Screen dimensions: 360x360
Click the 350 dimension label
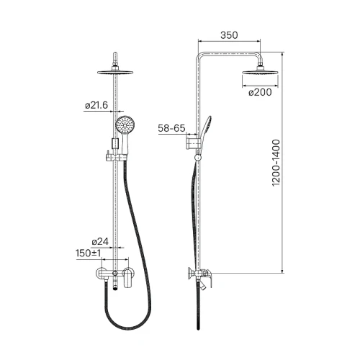click(229, 35)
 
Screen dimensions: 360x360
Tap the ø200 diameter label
click(260, 92)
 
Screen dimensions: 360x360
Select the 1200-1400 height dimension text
click(276, 163)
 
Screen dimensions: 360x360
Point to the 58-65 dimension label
click(171, 128)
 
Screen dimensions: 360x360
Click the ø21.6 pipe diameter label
click(96, 105)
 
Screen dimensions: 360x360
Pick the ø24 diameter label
click(100, 241)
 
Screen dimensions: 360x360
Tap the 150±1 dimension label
click(88, 253)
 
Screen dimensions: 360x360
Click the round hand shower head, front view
click(125, 125)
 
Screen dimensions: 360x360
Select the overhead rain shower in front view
click(115, 72)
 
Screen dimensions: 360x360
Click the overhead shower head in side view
click(260, 71)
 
